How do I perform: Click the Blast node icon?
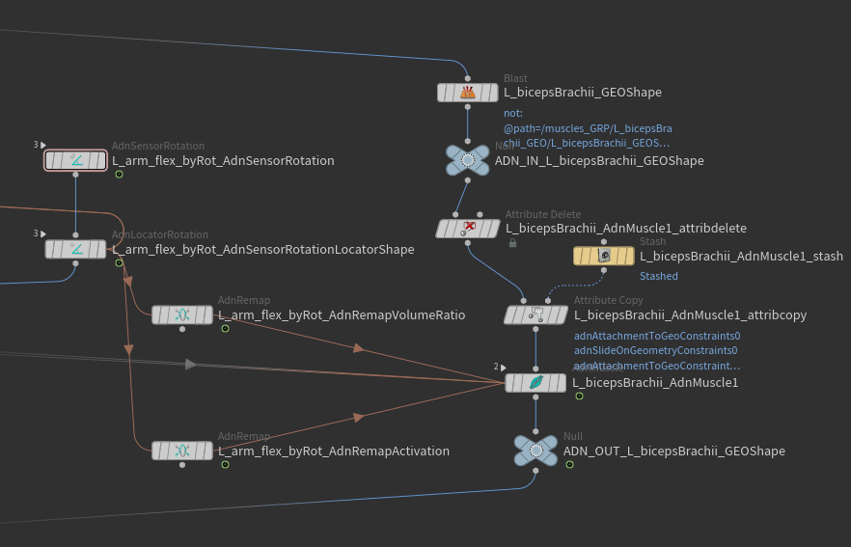468,93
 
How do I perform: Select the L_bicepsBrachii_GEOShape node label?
583,93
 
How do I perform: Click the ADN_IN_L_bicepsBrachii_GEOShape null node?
468,160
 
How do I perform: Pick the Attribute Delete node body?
468,229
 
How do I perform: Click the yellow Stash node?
604,256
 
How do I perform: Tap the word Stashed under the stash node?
659,276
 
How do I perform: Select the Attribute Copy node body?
536,315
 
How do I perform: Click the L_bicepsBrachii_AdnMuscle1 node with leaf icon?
535,382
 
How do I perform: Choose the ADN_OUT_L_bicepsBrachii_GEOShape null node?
535,451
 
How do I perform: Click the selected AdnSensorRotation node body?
75,160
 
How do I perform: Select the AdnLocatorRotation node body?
75,249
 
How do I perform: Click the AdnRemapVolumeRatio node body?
182,315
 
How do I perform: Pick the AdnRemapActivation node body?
182,451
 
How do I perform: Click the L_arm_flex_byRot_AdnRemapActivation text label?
334,451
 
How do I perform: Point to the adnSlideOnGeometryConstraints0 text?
656,351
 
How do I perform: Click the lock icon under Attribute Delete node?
512,243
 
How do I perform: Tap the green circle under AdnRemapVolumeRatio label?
225,329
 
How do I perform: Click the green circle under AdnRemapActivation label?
225,465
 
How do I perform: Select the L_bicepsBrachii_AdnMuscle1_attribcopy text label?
690,315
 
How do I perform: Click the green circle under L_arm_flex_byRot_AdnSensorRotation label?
119,175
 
